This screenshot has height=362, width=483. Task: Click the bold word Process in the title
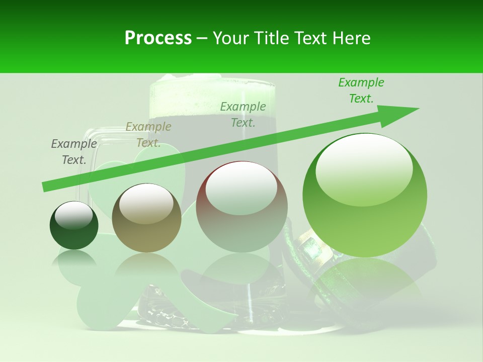click(x=158, y=38)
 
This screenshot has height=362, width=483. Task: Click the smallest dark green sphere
click(x=74, y=225)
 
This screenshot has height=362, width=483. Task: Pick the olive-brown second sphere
click(x=146, y=218)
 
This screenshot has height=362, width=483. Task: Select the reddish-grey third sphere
click(x=242, y=207)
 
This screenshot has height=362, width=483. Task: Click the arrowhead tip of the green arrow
click(x=418, y=109)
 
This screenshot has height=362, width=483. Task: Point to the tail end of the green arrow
click(x=44, y=187)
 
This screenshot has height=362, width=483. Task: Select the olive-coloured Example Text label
click(x=148, y=135)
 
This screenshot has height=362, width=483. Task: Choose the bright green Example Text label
click(x=361, y=90)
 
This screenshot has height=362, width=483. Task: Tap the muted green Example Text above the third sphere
click(x=243, y=115)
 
